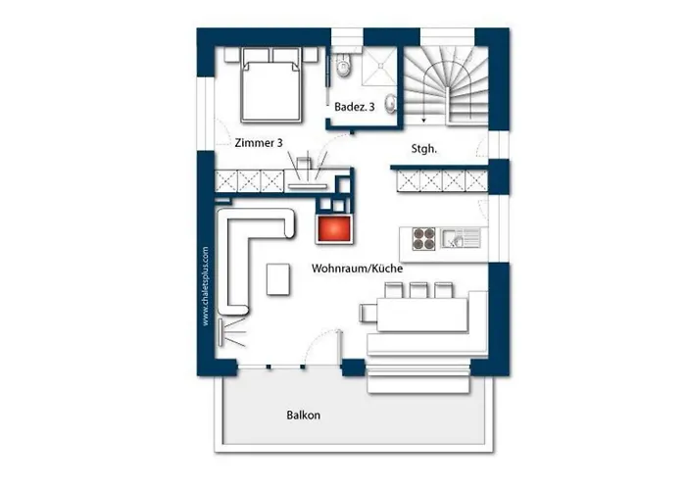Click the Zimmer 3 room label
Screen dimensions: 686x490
click(259, 143)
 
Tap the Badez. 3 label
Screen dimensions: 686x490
click(355, 107)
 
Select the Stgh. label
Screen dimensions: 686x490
click(424, 149)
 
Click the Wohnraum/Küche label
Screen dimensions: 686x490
click(357, 269)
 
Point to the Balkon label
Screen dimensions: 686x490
click(303, 415)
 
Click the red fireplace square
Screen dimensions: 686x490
click(334, 228)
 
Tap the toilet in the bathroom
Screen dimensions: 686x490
click(344, 66)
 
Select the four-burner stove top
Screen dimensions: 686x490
click(423, 238)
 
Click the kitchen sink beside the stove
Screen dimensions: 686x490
click(461, 238)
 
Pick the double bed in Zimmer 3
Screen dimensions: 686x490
click(271, 85)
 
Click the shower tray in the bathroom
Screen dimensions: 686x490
click(379, 67)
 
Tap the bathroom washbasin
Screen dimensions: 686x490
click(390, 104)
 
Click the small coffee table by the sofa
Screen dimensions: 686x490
click(278, 279)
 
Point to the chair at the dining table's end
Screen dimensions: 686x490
click(367, 313)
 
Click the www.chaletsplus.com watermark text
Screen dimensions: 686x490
click(205, 286)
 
